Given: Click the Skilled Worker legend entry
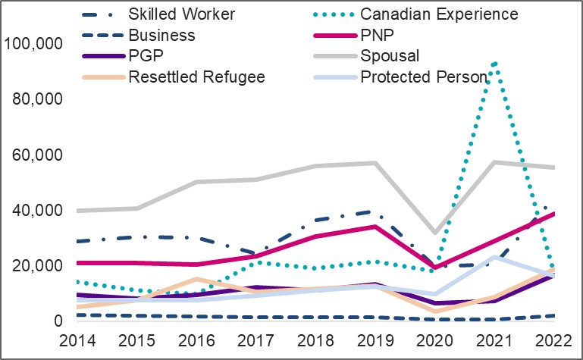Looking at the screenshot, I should [x=171, y=14].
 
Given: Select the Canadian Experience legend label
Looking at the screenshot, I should [x=439, y=14].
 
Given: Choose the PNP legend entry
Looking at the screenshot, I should [x=378, y=35].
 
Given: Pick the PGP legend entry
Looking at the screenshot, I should [x=148, y=56].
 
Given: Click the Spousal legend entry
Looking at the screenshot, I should [x=388, y=56].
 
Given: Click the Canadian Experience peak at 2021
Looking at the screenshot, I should [x=494, y=63].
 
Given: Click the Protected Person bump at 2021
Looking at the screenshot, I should [x=494, y=256].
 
